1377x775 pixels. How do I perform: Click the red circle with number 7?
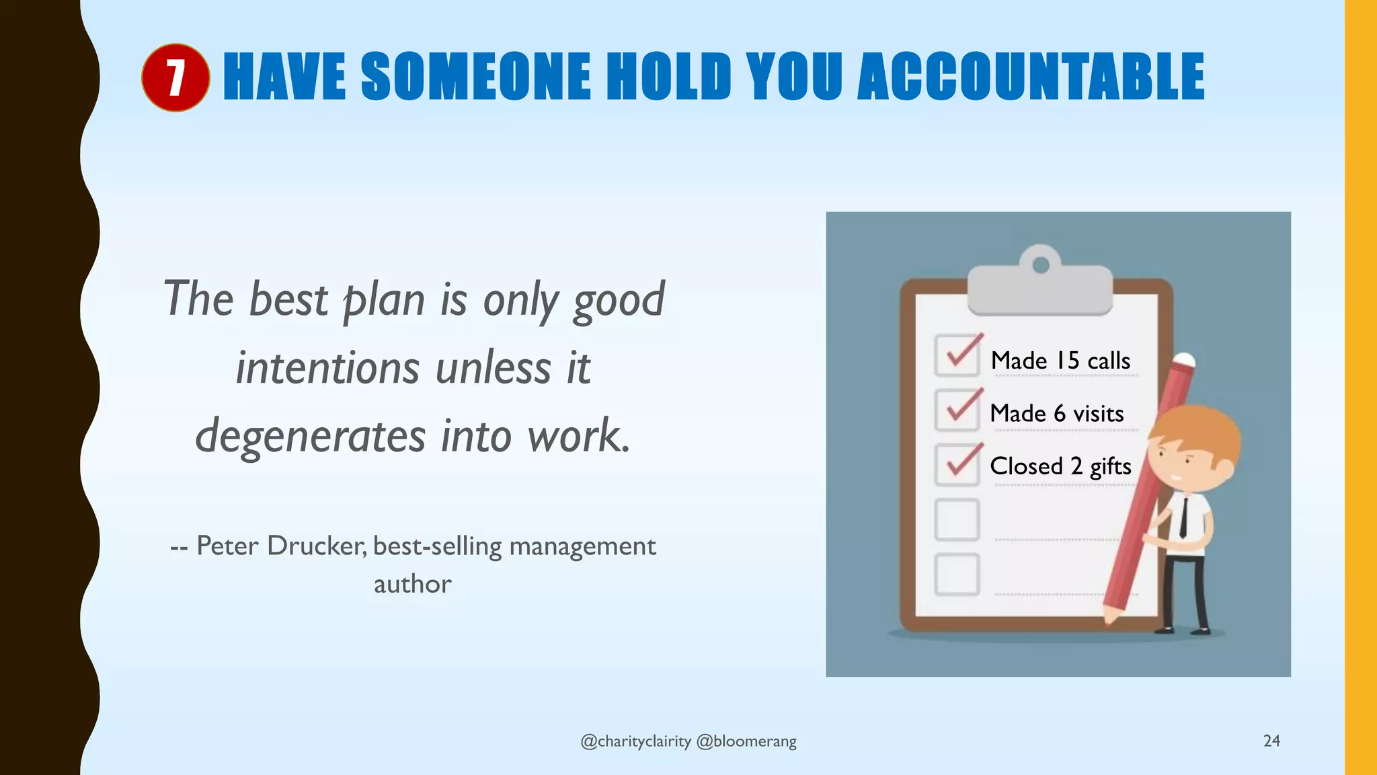[x=175, y=77]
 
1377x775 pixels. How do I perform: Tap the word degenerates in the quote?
[x=310, y=436]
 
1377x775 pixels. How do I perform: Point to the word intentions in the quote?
[x=327, y=368]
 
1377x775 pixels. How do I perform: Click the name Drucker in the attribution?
[x=317, y=546]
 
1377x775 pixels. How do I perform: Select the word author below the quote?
[x=412, y=584]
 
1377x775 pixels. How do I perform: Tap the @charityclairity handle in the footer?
[x=635, y=741]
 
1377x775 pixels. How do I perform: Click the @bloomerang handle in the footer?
[x=746, y=741]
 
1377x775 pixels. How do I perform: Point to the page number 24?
[x=1271, y=741]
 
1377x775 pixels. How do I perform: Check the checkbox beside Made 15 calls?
[x=957, y=355]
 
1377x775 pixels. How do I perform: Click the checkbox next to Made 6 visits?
[x=957, y=410]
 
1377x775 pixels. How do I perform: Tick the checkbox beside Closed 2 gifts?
[x=957, y=464]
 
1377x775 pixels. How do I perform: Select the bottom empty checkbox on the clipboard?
[x=957, y=574]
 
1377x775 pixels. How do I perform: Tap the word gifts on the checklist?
[x=1110, y=466]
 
